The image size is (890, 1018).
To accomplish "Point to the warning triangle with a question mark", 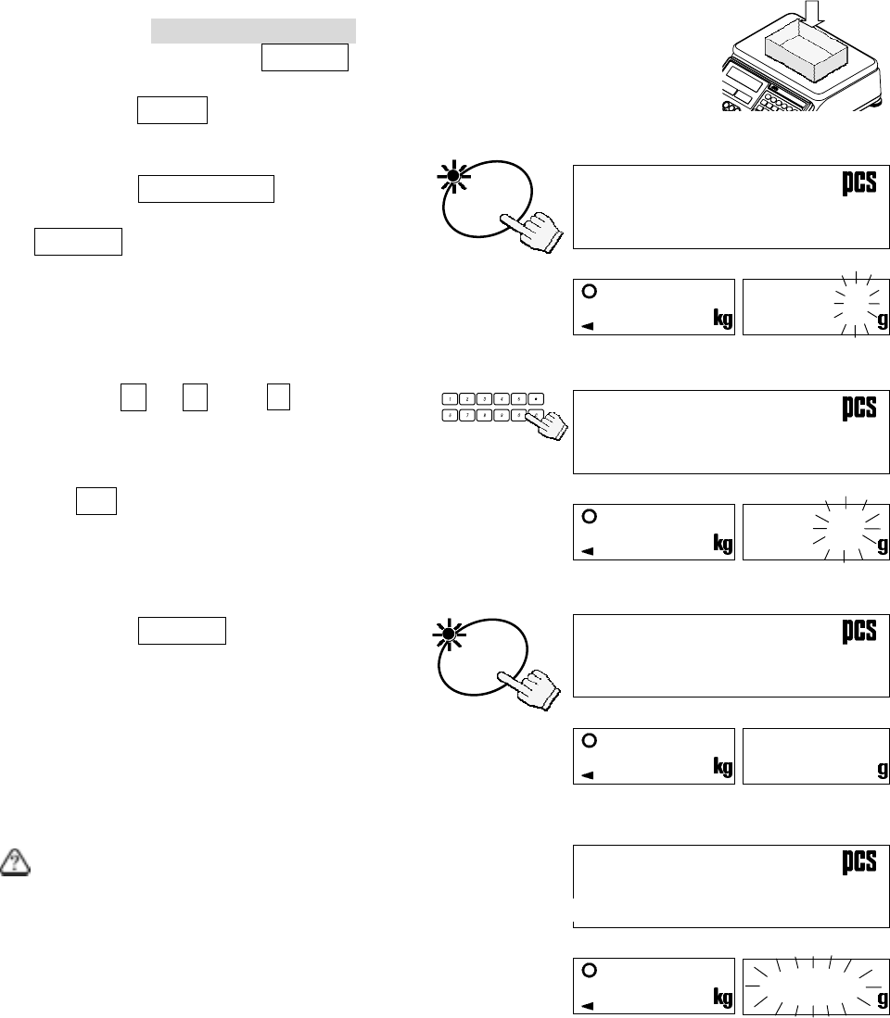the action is coord(17,862).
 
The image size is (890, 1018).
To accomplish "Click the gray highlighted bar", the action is coord(254,30).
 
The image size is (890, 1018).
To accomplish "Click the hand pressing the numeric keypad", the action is coord(551,427).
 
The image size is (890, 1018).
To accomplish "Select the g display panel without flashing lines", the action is coord(816,755).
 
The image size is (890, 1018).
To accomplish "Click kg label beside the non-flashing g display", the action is coord(722,769).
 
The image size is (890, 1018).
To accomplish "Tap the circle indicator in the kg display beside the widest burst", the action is coord(587,970).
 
